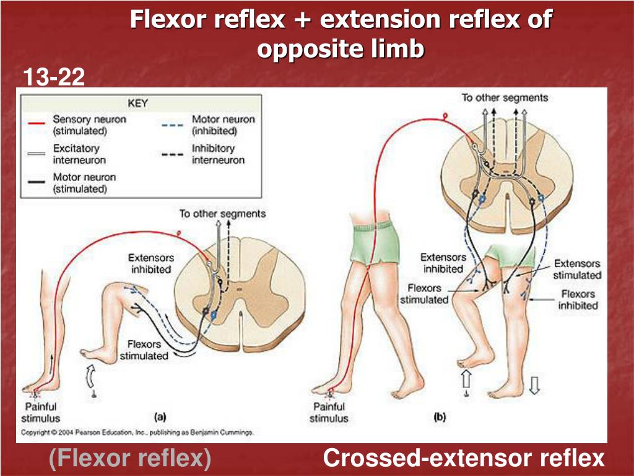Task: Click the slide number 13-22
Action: [x=54, y=78]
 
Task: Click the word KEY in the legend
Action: [x=138, y=103]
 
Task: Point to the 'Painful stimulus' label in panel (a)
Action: [x=40, y=412]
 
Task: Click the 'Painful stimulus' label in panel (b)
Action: [x=329, y=412]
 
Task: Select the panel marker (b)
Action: [x=440, y=417]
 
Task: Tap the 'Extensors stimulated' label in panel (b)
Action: [x=577, y=269]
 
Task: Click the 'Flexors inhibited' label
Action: [x=578, y=299]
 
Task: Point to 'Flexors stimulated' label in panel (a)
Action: [x=144, y=350]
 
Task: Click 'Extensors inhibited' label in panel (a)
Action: [x=151, y=263]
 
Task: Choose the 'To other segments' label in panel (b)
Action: [x=505, y=97]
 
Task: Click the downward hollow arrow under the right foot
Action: [x=535, y=385]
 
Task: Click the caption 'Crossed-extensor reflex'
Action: [x=463, y=459]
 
